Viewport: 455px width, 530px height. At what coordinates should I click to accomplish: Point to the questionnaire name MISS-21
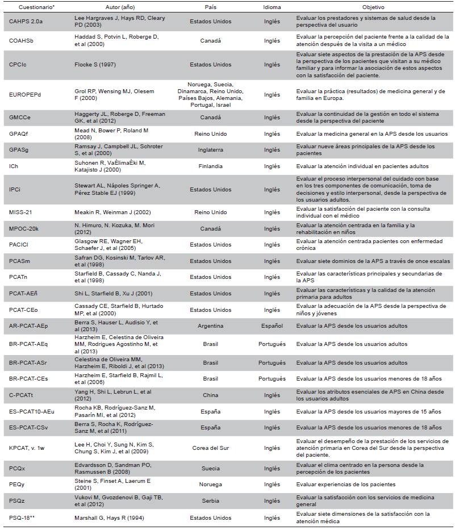pyautogui.click(x=20, y=212)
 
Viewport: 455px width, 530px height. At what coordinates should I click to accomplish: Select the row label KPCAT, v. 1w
pyautogui.click(x=27, y=448)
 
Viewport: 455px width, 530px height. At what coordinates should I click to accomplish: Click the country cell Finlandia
pyautogui.click(x=210, y=166)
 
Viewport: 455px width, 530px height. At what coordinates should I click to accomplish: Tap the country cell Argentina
pyautogui.click(x=210, y=327)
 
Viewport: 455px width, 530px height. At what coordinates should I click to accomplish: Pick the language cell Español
pyautogui.click(x=272, y=327)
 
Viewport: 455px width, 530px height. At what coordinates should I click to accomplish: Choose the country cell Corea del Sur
pyautogui.click(x=210, y=448)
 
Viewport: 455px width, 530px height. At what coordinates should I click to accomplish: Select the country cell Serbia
pyautogui.click(x=210, y=500)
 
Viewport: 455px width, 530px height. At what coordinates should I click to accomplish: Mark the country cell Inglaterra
pyautogui.click(x=210, y=150)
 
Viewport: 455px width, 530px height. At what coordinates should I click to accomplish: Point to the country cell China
pyautogui.click(x=210, y=395)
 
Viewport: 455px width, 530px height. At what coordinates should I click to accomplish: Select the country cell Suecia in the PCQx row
pyautogui.click(x=210, y=469)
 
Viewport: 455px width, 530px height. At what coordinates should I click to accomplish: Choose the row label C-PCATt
pyautogui.click(x=22, y=395)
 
